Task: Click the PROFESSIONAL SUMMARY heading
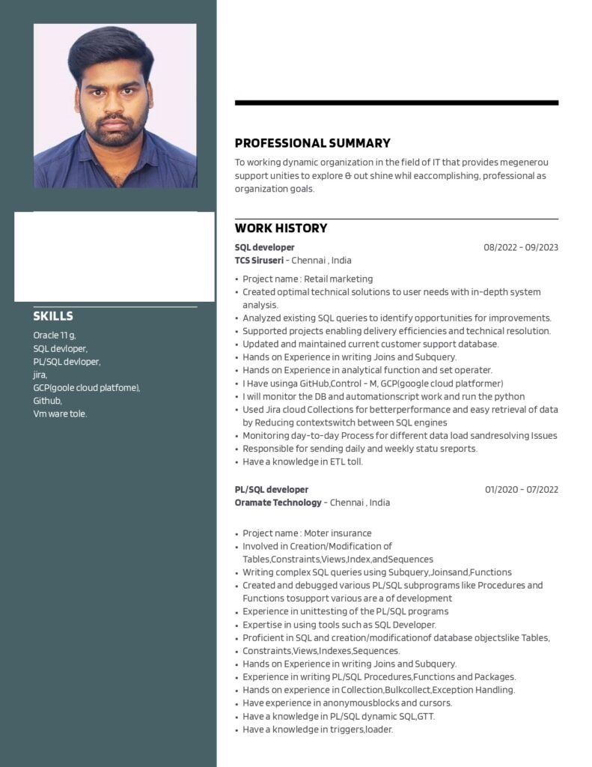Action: coord(312,143)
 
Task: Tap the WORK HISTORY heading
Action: coord(281,228)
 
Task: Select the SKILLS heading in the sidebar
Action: coord(53,316)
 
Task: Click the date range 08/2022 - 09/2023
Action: coord(520,247)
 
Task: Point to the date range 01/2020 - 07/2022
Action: coord(521,490)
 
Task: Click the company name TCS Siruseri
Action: coord(259,261)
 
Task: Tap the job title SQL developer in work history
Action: coord(264,247)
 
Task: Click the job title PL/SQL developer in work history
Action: coord(271,490)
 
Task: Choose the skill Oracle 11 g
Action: coord(54,335)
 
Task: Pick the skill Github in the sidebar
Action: coord(47,401)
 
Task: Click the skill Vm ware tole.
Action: coord(60,414)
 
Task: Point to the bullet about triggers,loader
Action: coord(317,729)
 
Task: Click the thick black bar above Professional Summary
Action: coord(396,103)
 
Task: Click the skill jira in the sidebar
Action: coord(40,375)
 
